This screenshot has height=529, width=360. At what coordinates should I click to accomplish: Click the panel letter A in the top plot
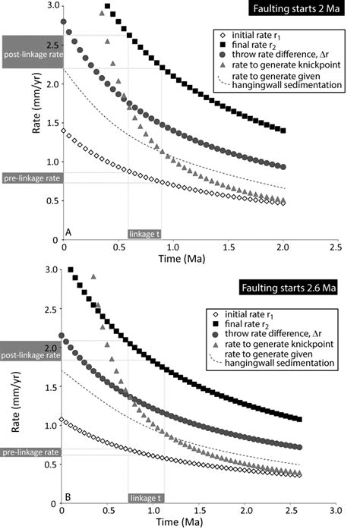[68, 231]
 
